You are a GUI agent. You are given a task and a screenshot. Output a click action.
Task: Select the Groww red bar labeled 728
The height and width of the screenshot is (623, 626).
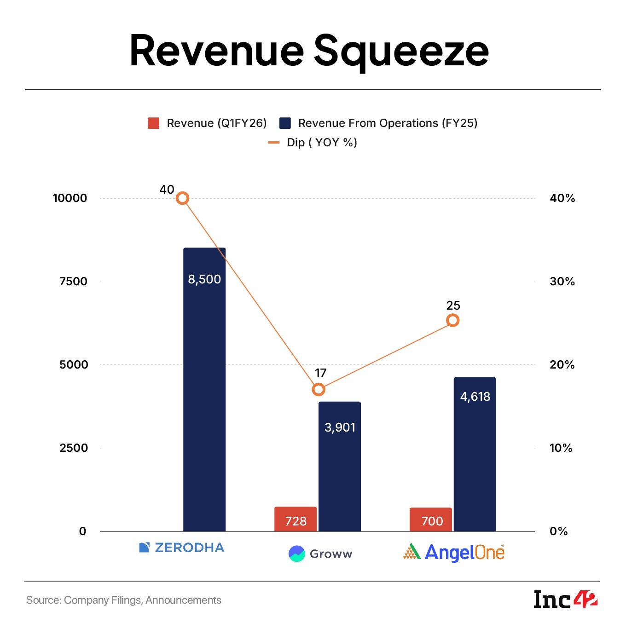tap(296, 519)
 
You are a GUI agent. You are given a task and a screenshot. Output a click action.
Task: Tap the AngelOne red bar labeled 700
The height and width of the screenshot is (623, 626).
tap(431, 519)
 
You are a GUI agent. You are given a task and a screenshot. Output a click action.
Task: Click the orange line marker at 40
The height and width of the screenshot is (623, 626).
tap(183, 198)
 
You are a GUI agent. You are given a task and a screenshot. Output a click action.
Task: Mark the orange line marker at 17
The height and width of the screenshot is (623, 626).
tap(319, 390)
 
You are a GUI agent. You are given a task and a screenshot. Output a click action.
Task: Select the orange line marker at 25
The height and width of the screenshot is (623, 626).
tap(453, 320)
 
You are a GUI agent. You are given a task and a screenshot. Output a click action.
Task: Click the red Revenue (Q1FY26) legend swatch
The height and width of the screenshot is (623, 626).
tap(153, 123)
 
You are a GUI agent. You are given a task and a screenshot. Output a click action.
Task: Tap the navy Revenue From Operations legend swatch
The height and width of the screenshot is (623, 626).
tap(285, 123)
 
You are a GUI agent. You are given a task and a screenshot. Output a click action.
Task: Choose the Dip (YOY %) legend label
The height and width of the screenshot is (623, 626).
tap(322, 143)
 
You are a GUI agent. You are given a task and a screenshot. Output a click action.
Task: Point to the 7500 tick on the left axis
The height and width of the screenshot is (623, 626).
tap(73, 282)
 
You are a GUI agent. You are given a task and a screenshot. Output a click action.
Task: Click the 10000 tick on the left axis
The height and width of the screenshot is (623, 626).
tap(70, 198)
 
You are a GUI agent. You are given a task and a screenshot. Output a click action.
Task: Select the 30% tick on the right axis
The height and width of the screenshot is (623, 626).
tap(562, 282)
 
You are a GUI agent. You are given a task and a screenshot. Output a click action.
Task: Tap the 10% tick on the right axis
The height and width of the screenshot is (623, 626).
tap(561, 448)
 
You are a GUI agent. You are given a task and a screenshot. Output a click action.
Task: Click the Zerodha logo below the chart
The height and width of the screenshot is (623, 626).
tap(182, 548)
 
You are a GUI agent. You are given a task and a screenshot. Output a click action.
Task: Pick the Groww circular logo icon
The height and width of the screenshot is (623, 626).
tap(297, 554)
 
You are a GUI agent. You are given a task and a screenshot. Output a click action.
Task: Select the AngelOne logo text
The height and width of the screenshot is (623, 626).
tap(464, 552)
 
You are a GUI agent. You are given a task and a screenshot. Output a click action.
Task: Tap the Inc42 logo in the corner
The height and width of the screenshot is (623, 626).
tap(566, 600)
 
